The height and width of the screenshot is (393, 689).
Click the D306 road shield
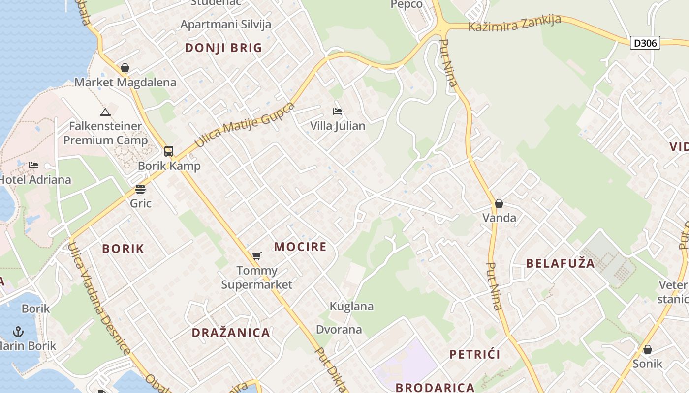(645, 43)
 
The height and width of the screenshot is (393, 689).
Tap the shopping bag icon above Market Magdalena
(125, 68)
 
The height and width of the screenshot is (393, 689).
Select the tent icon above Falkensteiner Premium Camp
(105, 112)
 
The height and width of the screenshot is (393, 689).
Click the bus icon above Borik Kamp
(169, 151)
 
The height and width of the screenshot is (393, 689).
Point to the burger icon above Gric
(140, 189)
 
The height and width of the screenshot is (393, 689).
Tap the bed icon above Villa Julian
(338, 112)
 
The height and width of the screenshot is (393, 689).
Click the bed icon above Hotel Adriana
(33, 165)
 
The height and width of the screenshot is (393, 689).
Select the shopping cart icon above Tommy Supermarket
(256, 256)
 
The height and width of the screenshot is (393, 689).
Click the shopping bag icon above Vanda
(499, 203)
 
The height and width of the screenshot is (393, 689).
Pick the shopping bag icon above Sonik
(648, 349)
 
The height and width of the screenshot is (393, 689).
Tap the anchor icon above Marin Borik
(18, 331)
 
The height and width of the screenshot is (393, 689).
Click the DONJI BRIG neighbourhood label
(223, 48)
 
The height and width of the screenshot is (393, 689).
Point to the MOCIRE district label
(300, 247)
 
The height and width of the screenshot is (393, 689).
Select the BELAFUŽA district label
(560, 263)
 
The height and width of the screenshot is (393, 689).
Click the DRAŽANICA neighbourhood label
(231, 333)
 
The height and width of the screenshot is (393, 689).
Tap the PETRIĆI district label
(475, 354)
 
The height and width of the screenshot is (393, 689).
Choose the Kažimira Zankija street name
(514, 23)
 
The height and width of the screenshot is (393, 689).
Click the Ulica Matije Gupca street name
(245, 125)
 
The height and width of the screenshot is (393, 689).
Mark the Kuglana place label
(351, 307)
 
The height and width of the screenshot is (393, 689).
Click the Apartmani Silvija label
(226, 24)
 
